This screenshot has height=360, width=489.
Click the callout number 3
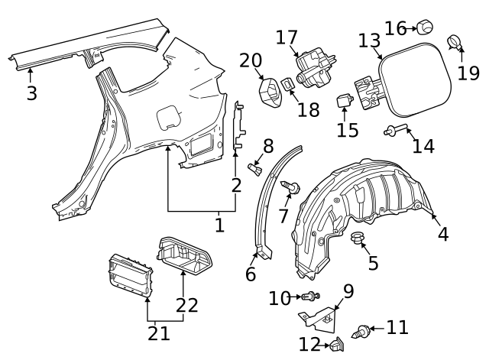[x=31, y=94]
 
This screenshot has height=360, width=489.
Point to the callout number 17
[x=287, y=37]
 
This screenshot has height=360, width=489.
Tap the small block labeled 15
[x=344, y=99]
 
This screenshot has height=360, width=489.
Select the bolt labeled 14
[x=397, y=131]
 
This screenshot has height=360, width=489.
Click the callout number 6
[x=250, y=274]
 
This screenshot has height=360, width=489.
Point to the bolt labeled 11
[x=360, y=332]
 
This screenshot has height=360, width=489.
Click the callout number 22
[x=186, y=305]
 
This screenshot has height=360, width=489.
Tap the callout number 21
[x=158, y=332]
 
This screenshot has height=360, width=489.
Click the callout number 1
[x=219, y=225]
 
